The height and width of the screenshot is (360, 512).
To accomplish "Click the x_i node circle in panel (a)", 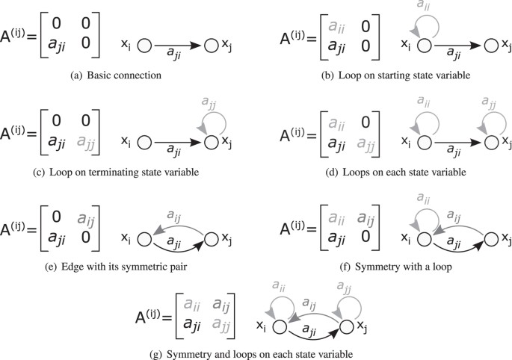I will click(x=145, y=46).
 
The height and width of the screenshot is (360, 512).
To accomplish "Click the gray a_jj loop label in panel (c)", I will click(x=212, y=101).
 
